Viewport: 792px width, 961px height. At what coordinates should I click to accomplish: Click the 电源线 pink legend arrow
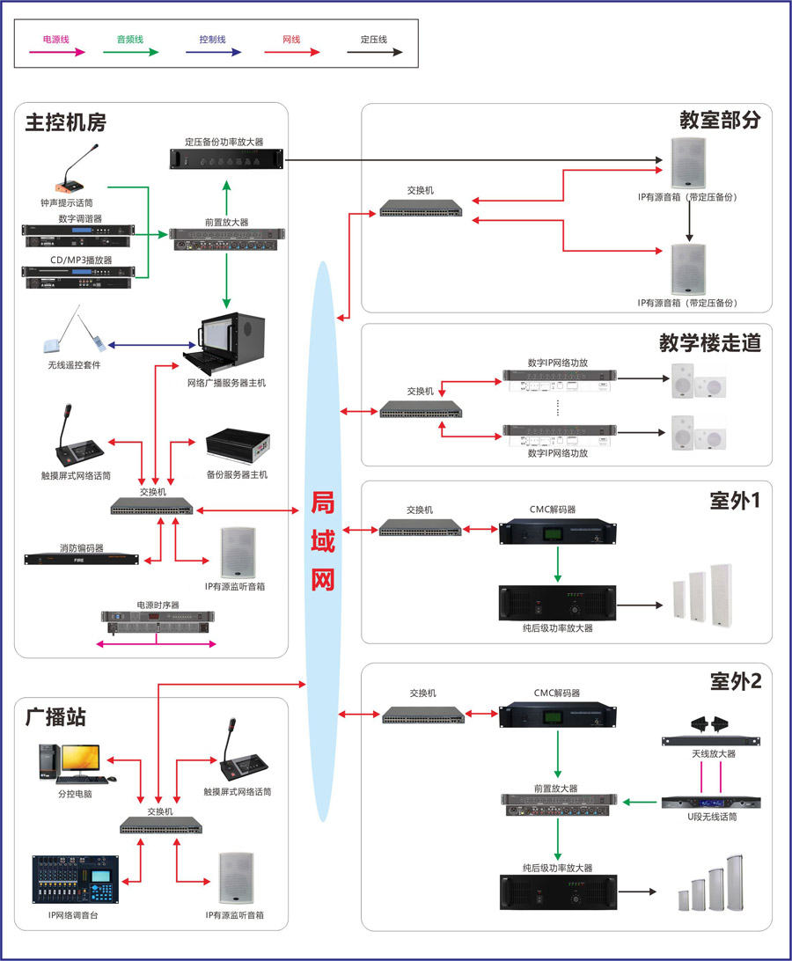point(57,52)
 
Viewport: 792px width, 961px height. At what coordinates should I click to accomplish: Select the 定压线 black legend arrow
point(374,52)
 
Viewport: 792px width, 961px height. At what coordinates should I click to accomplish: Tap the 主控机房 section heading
point(66,122)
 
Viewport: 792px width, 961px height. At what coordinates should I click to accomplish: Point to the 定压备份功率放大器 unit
point(225,158)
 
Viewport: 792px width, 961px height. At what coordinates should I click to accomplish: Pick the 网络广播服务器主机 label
point(226,383)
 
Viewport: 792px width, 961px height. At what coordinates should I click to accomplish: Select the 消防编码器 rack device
point(82,559)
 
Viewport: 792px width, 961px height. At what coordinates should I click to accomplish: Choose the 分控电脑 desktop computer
point(70,762)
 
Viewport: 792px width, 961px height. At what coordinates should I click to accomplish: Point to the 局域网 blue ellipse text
point(323,540)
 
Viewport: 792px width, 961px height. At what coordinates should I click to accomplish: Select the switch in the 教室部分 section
point(421,208)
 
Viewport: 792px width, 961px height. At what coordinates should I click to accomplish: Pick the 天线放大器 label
point(713,754)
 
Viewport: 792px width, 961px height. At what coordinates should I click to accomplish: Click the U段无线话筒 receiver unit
point(711,802)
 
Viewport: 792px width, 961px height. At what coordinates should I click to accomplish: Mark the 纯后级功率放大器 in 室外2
point(558,892)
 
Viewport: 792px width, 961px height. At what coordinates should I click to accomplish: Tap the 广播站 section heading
point(56,717)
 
